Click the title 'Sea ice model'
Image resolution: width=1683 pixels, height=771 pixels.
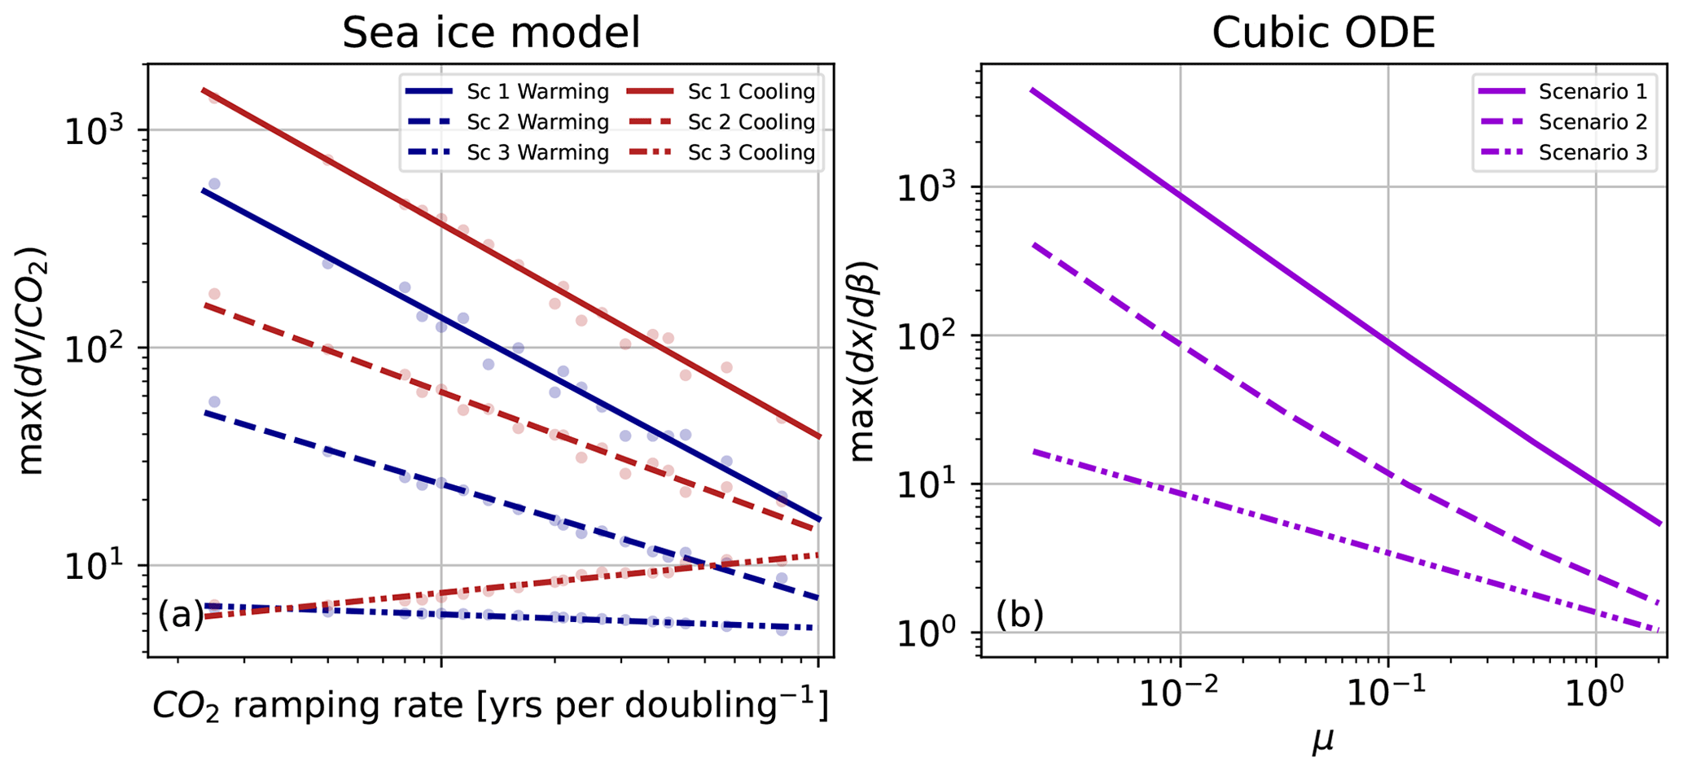coord(491,34)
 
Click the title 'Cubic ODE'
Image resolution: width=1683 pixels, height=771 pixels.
coord(1323,34)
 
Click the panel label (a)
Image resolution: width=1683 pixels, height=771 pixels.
coord(181,615)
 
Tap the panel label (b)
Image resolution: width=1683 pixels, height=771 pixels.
coord(1019,615)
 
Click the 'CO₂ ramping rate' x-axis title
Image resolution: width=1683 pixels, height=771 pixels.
coord(490,707)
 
